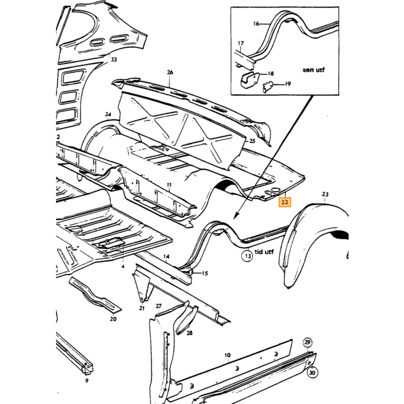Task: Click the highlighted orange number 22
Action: [285, 202]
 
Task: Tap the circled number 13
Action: [248, 256]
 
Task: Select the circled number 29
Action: [308, 342]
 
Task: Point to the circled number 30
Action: [312, 373]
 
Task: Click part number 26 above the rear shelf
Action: [170, 72]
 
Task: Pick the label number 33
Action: [114, 59]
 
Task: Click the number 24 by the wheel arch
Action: [108, 114]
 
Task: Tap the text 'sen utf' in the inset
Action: [313, 70]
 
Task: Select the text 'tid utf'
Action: [264, 252]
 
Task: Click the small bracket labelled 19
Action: [267, 87]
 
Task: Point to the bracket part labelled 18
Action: [249, 80]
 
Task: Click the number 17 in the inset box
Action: [241, 43]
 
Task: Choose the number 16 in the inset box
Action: [256, 24]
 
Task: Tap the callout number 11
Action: [169, 185]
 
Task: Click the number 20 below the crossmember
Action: [113, 319]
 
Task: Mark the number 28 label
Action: [189, 333]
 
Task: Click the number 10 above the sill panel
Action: [227, 356]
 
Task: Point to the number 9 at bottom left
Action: [87, 380]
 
